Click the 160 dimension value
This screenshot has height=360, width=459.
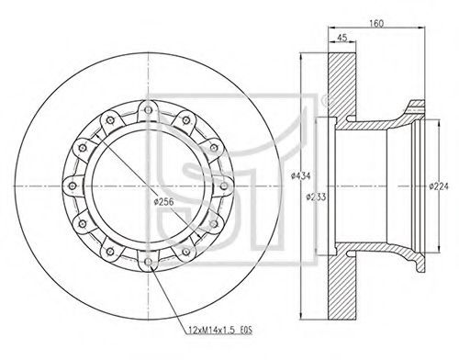[376, 24]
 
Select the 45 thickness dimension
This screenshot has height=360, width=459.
[341, 38]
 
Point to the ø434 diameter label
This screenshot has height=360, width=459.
[301, 175]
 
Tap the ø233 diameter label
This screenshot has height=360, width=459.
[316, 197]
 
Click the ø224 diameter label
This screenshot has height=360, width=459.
[439, 186]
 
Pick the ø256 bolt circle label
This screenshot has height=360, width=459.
[163, 202]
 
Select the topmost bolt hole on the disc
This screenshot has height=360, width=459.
[148, 110]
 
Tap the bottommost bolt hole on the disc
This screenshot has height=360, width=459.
[148, 262]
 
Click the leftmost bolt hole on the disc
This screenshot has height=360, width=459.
[73, 186]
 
